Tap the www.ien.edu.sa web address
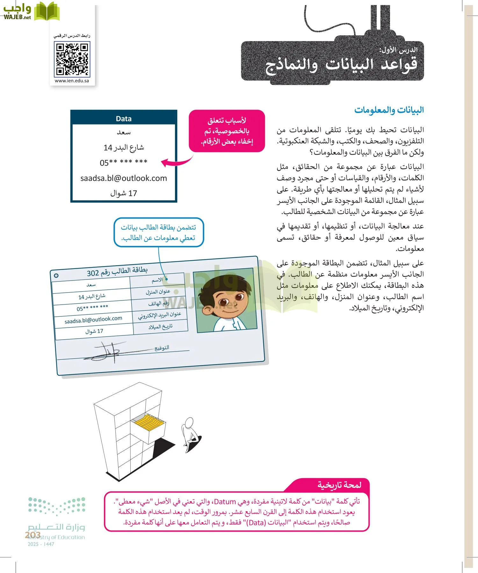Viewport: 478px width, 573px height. click(72, 81)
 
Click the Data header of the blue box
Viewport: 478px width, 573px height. click(124, 119)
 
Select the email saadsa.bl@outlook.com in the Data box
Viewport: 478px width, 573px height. click(124, 178)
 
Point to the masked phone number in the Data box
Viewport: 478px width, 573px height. click(124, 163)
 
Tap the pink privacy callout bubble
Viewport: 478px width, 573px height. click(227, 131)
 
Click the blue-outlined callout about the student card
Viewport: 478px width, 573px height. click(158, 232)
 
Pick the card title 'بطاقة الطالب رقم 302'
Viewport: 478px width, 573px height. click(117, 271)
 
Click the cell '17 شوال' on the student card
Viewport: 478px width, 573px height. click(94, 331)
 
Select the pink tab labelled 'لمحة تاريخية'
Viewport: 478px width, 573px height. click(339, 485)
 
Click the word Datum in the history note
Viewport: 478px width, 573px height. click(225, 502)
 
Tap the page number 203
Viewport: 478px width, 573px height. click(33, 535)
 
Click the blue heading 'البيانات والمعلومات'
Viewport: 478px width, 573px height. click(389, 110)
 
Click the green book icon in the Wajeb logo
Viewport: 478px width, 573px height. click(47, 11)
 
